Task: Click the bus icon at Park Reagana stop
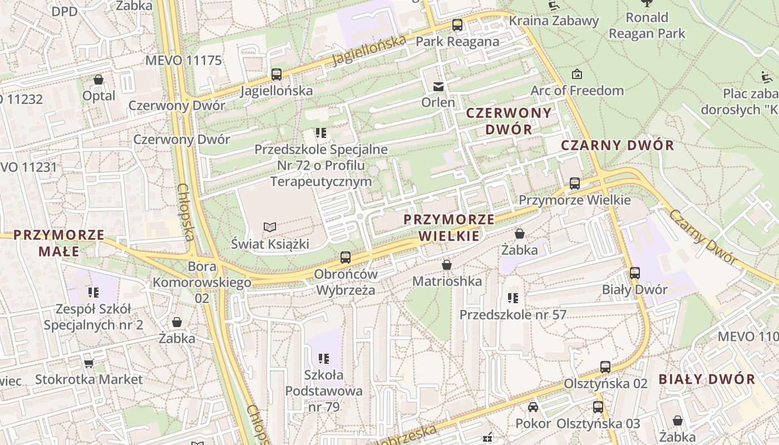(x=457, y=25)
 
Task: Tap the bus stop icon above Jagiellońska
(x=276, y=74)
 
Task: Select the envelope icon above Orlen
(x=438, y=86)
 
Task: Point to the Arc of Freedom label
(x=577, y=90)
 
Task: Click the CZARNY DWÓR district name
(x=617, y=146)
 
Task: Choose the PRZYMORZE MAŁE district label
(x=59, y=243)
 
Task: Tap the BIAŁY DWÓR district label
(x=707, y=379)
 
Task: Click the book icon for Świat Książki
(x=270, y=227)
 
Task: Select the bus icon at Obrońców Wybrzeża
(x=346, y=258)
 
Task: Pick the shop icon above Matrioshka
(x=446, y=265)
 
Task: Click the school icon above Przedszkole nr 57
(x=513, y=298)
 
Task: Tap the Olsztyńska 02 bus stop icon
(x=605, y=367)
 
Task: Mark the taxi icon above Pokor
(x=533, y=407)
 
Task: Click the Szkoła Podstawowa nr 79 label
(x=323, y=391)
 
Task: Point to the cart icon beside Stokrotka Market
(x=88, y=363)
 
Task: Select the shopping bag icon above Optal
(x=98, y=80)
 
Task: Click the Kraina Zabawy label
(x=554, y=21)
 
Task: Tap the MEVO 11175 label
(x=183, y=61)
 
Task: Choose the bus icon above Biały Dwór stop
(x=634, y=273)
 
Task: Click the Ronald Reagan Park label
(x=647, y=25)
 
